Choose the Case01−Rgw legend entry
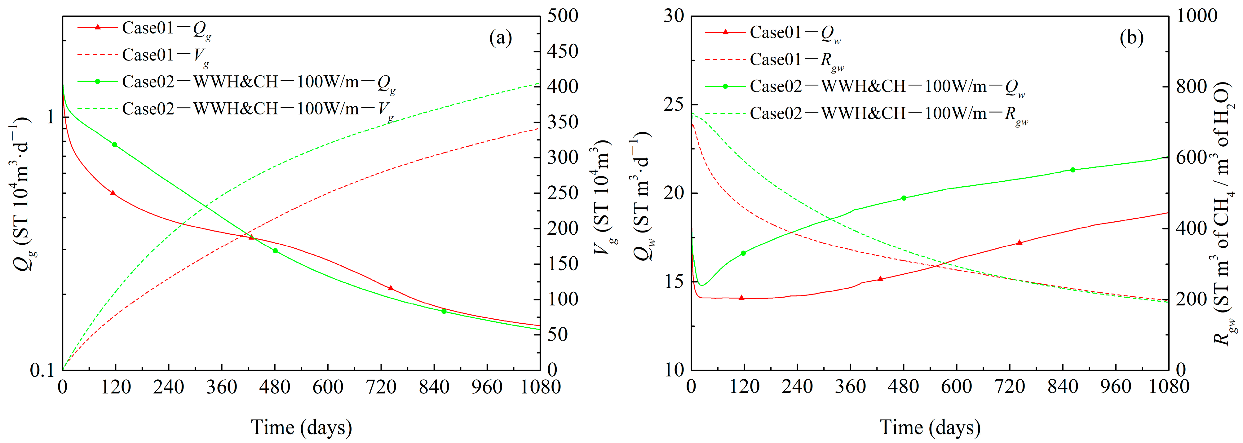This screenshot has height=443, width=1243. (x=796, y=60)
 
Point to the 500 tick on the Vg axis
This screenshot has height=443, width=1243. (x=563, y=16)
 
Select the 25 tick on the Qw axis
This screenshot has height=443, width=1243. (x=674, y=105)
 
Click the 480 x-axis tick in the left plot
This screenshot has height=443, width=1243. (x=275, y=387)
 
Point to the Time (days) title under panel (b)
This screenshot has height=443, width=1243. (x=930, y=427)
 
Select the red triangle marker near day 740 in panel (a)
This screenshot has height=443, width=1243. (x=391, y=288)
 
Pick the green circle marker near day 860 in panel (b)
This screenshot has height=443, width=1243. (x=1073, y=170)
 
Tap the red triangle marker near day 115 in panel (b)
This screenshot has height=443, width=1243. (x=742, y=298)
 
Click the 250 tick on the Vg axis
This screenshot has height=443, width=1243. (x=563, y=193)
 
